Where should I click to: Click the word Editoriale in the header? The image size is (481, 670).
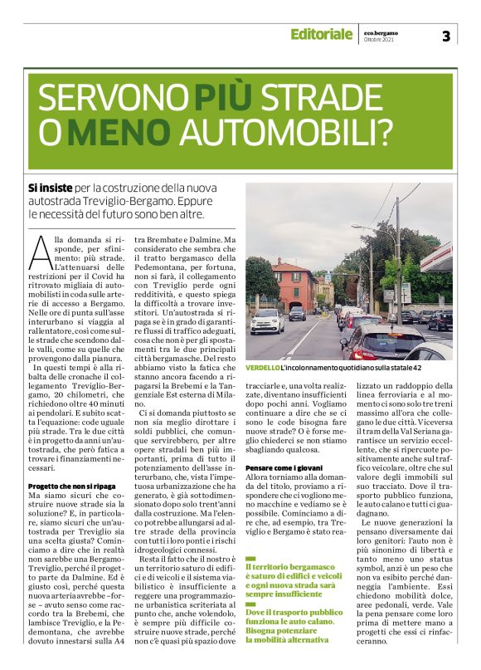click(x=321, y=34)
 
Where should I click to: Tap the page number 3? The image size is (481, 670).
click(x=446, y=35)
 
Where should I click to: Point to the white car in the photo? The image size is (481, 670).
click(x=267, y=320)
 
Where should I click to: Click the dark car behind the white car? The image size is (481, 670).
click(x=297, y=313)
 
